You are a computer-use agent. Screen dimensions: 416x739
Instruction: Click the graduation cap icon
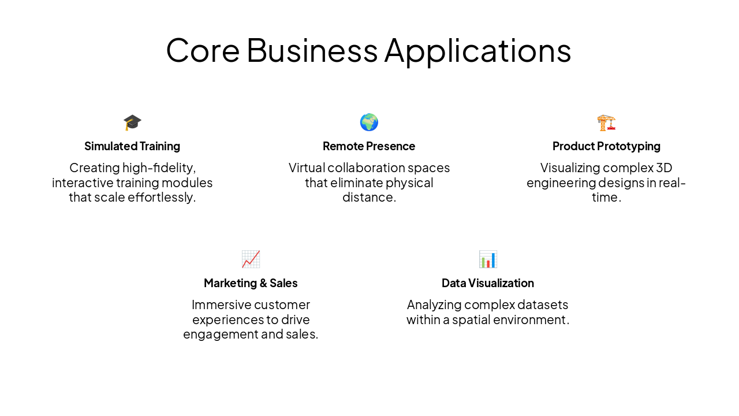click(132, 122)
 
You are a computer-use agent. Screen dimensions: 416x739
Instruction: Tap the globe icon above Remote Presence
click(369, 122)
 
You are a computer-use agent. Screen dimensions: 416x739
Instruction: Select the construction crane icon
click(606, 122)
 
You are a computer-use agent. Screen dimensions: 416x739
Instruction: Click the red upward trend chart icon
click(251, 259)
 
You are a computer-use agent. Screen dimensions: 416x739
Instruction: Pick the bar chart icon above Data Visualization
click(488, 259)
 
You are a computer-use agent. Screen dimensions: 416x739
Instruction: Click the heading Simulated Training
click(132, 146)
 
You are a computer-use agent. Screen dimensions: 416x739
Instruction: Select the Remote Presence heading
click(369, 146)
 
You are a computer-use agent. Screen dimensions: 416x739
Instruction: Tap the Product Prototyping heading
click(606, 146)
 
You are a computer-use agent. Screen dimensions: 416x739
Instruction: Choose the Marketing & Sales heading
click(251, 283)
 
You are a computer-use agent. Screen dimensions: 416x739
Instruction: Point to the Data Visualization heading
click(488, 283)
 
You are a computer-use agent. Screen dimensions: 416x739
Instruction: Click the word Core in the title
click(203, 50)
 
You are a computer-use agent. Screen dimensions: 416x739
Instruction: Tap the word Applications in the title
click(477, 50)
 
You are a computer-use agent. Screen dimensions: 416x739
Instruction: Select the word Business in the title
click(312, 50)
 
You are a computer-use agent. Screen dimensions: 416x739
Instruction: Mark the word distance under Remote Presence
click(368, 198)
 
